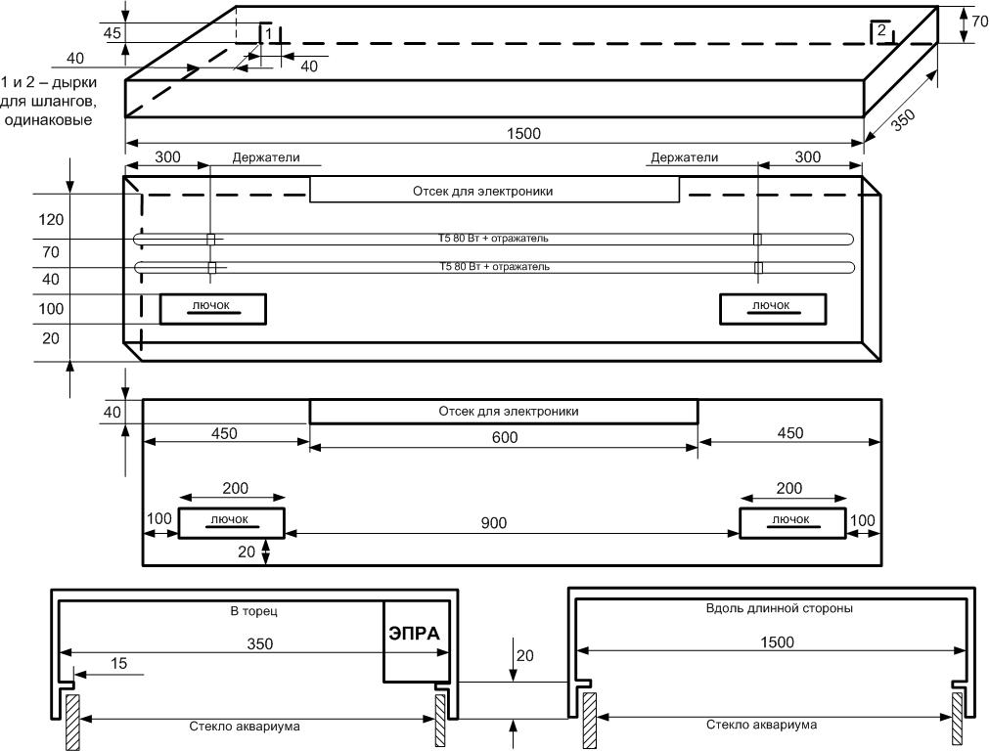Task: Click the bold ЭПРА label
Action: point(415,633)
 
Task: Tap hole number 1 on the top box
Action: point(266,33)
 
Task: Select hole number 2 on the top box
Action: point(881,32)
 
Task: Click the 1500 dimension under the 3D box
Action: point(524,133)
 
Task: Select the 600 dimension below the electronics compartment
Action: point(505,439)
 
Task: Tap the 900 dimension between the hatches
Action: point(494,523)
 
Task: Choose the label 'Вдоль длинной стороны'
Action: point(778,607)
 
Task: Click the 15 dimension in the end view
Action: point(118,664)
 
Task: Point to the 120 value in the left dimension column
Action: point(51,220)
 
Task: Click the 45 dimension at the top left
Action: point(112,32)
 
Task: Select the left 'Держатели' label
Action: point(266,156)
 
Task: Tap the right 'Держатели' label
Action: point(684,156)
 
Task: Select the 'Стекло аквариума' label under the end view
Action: point(244,726)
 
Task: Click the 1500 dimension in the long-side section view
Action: point(776,642)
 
